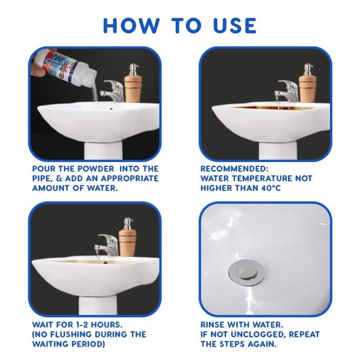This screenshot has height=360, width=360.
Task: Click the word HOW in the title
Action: tap(131, 26)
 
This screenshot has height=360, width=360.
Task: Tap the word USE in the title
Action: tap(235, 26)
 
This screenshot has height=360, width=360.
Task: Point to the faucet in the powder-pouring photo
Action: tap(112, 91)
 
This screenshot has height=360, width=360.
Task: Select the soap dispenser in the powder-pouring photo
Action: tap(133, 83)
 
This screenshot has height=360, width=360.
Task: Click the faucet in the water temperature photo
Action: tap(286, 91)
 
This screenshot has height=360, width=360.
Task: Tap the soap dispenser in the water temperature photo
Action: tap(308, 83)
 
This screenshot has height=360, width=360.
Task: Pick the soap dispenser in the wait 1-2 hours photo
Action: tap(128, 237)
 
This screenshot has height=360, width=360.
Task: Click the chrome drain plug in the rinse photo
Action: tap(246, 273)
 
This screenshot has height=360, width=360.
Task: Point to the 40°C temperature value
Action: tap(271, 188)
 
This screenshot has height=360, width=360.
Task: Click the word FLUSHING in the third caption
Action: tap(74, 334)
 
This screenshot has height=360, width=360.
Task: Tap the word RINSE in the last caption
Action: tap(212, 325)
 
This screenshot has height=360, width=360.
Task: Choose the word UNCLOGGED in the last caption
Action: tap(258, 334)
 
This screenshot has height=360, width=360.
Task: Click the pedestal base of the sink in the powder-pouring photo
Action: tap(103, 150)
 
